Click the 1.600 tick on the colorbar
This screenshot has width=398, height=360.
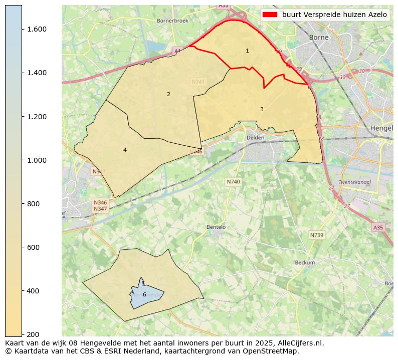coord(22,29)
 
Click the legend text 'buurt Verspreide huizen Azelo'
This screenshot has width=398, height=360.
coord(334,15)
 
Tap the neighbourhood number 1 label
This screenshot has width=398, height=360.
coord(247,51)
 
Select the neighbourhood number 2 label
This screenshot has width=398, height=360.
coord(168,94)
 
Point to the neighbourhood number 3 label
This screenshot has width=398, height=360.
coord(262,109)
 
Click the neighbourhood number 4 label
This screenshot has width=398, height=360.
coord(125,150)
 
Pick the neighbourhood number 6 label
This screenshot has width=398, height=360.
coord(144,294)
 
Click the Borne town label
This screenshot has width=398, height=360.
coord(318,38)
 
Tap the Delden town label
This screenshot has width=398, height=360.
coord(255,138)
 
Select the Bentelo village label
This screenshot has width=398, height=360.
coord(216,227)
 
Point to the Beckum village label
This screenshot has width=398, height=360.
coord(305,263)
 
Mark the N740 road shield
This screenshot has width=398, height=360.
coord(233,182)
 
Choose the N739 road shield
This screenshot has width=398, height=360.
coord(316,235)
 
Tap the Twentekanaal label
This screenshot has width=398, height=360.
coord(354,182)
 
